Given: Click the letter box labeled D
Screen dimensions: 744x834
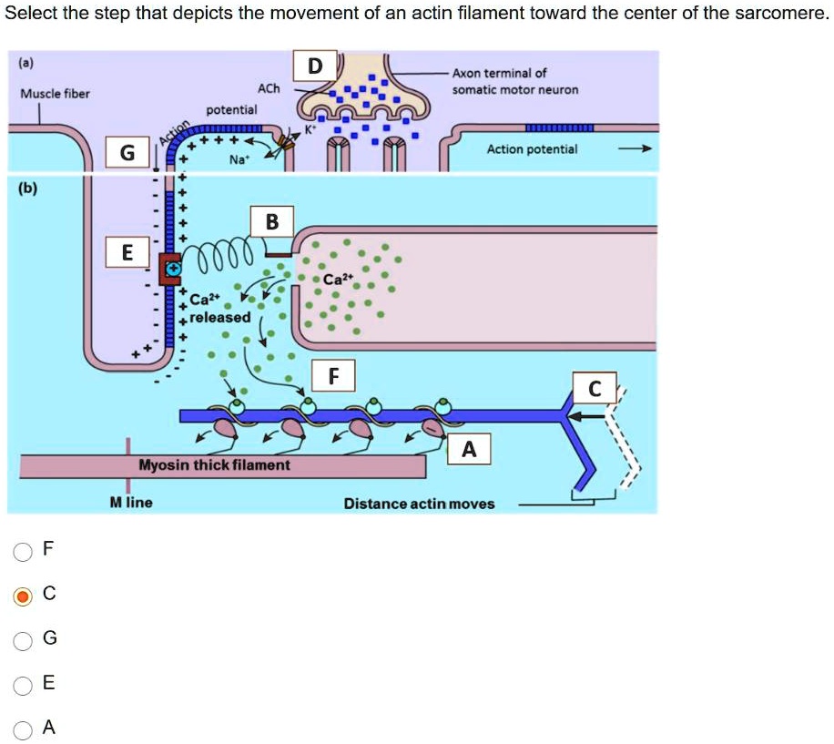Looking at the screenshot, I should [315, 66].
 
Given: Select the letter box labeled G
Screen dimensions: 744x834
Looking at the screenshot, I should [128, 154].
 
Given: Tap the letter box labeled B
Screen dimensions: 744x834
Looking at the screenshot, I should [272, 223].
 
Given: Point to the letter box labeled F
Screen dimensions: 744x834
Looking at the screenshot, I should [333, 375].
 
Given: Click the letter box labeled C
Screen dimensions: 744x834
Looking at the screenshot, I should [595, 389].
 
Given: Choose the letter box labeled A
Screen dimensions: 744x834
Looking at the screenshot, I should [469, 449].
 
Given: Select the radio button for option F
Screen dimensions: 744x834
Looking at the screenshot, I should [23, 551].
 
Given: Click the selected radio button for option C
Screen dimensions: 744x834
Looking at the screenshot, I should [23, 596].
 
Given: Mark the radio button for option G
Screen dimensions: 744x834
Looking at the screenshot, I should [23, 640].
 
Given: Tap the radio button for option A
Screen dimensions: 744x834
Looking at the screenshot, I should [23, 729].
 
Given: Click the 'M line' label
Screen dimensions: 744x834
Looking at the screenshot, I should [131, 503].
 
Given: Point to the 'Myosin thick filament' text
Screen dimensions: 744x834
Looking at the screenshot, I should [214, 465].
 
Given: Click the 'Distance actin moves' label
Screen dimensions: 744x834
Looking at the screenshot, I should [419, 504].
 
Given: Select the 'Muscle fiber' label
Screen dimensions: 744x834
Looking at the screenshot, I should [55, 94].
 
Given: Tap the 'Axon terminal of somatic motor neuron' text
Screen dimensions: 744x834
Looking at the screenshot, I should [514, 81].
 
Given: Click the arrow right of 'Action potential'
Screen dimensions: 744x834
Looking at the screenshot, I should [641, 149].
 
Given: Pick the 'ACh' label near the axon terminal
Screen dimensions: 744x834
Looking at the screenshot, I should [269, 88].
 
